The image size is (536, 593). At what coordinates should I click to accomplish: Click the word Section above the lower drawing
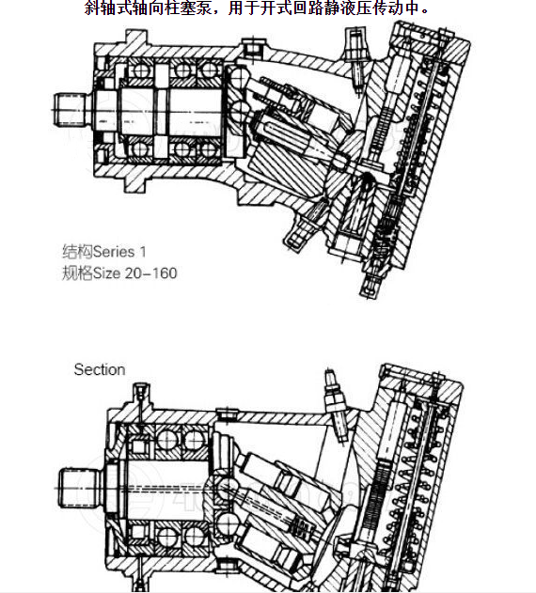pos(100,369)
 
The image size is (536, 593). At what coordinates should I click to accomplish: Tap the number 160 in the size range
pos(164,273)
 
